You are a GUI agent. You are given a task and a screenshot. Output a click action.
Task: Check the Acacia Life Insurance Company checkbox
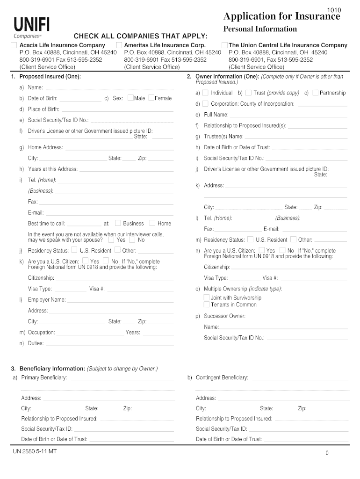[14, 45]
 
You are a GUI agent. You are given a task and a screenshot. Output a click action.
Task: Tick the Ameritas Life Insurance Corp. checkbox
[119, 45]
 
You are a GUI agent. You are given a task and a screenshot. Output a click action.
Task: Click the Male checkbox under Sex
[130, 98]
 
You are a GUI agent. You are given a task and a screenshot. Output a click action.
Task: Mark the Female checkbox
[151, 98]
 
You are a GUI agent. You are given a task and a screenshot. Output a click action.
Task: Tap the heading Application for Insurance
[281, 17]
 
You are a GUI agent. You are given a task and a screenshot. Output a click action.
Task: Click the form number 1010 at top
[334, 10]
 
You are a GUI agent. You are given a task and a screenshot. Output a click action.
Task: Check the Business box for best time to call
[118, 223]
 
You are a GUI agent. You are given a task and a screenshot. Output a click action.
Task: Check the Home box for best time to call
[152, 223]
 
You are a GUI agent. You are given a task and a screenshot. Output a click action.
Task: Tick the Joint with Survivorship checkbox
[207, 298]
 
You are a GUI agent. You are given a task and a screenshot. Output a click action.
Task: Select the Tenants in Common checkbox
[207, 305]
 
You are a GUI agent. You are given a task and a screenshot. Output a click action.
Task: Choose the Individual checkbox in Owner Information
[205, 93]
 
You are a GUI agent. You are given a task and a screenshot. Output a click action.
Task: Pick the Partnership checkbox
[315, 93]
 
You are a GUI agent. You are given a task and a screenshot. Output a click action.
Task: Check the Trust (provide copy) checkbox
[248, 93]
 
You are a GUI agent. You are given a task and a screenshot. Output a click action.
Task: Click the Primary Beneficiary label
[44, 377]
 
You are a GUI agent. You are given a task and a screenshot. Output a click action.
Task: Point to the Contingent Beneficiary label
[222, 377]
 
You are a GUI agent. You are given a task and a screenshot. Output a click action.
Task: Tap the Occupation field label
[41, 333]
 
